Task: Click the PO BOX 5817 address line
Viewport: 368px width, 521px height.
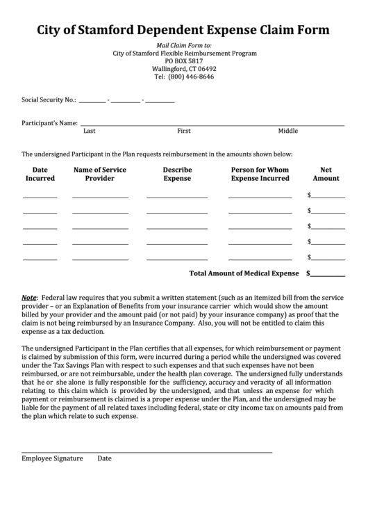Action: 184,61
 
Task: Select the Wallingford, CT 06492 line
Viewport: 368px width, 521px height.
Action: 184,69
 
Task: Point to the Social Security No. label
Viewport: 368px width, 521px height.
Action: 49,100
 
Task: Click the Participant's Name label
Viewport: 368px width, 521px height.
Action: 49,123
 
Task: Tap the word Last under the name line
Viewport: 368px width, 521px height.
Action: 89,131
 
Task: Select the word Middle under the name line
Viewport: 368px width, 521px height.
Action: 287,131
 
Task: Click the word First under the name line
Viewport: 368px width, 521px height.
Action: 184,131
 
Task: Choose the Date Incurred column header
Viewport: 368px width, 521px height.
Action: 40,174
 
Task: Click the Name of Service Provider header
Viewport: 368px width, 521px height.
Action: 100,174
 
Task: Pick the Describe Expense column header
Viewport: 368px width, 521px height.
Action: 177,174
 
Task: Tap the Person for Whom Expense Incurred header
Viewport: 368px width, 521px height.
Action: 260,174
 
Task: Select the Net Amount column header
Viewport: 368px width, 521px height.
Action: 326,174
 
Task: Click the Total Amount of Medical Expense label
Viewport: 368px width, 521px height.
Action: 244,273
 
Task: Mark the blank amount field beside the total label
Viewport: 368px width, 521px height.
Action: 328,273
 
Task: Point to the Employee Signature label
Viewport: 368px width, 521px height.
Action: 52,459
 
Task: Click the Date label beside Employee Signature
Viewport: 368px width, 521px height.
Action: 104,459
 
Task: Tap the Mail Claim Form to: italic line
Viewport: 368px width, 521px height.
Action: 184,45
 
